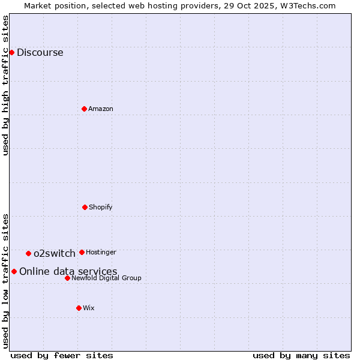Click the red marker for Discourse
click(x=11, y=52)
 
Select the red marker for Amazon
click(x=85, y=109)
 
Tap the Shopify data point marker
click(x=85, y=207)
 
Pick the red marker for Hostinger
click(x=82, y=252)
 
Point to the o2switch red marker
click(x=28, y=253)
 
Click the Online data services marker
click(x=14, y=271)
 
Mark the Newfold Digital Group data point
click(x=67, y=278)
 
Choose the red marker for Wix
click(x=79, y=308)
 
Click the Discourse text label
click(x=40, y=52)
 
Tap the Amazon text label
click(x=101, y=109)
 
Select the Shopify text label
click(x=101, y=207)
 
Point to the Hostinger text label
click(x=101, y=252)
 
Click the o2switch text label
click(x=55, y=253)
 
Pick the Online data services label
click(x=68, y=271)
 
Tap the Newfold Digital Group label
click(x=106, y=278)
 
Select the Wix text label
click(x=89, y=308)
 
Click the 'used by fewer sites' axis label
click(x=62, y=355)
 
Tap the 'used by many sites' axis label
click(x=301, y=355)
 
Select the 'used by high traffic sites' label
click(x=5, y=85)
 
